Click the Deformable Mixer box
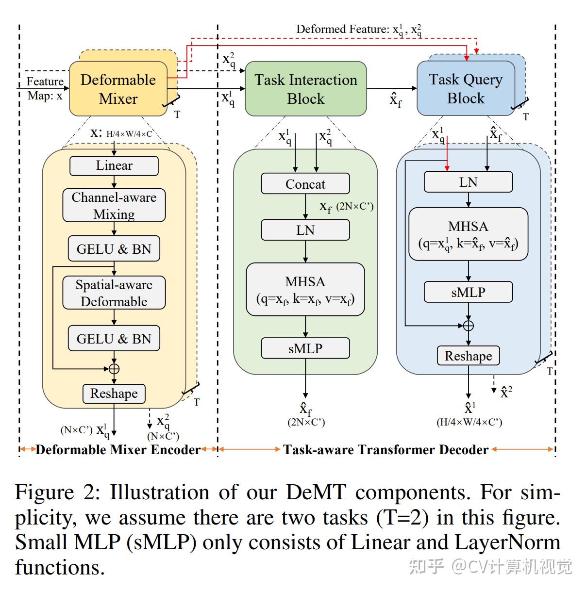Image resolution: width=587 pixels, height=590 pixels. (x=118, y=88)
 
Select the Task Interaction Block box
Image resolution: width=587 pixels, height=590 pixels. (x=305, y=88)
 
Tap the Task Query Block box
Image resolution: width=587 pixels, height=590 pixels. (x=466, y=88)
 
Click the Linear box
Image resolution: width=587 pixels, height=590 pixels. (x=114, y=166)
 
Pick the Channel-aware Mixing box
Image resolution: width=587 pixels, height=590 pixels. (x=114, y=205)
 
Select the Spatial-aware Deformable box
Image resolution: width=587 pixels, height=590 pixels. (x=114, y=293)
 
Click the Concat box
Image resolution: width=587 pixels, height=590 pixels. (x=305, y=183)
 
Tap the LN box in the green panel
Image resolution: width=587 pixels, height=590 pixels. (x=305, y=230)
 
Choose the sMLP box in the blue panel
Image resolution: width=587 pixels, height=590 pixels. (x=468, y=292)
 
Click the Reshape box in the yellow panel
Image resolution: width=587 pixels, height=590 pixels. (x=114, y=394)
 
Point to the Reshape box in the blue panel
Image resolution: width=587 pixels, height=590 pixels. (x=468, y=356)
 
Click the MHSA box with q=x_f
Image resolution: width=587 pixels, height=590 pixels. (x=305, y=289)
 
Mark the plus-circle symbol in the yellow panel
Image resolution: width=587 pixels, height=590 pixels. (x=114, y=369)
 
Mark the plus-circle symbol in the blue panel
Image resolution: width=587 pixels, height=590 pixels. (x=469, y=326)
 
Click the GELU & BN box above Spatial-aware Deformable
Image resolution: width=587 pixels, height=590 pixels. (x=114, y=248)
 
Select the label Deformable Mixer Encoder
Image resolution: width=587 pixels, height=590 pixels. (x=118, y=449)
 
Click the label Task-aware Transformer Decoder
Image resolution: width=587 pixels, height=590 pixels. (x=386, y=449)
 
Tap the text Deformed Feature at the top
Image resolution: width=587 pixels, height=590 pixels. (x=342, y=29)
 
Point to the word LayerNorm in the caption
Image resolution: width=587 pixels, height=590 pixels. (x=507, y=542)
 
